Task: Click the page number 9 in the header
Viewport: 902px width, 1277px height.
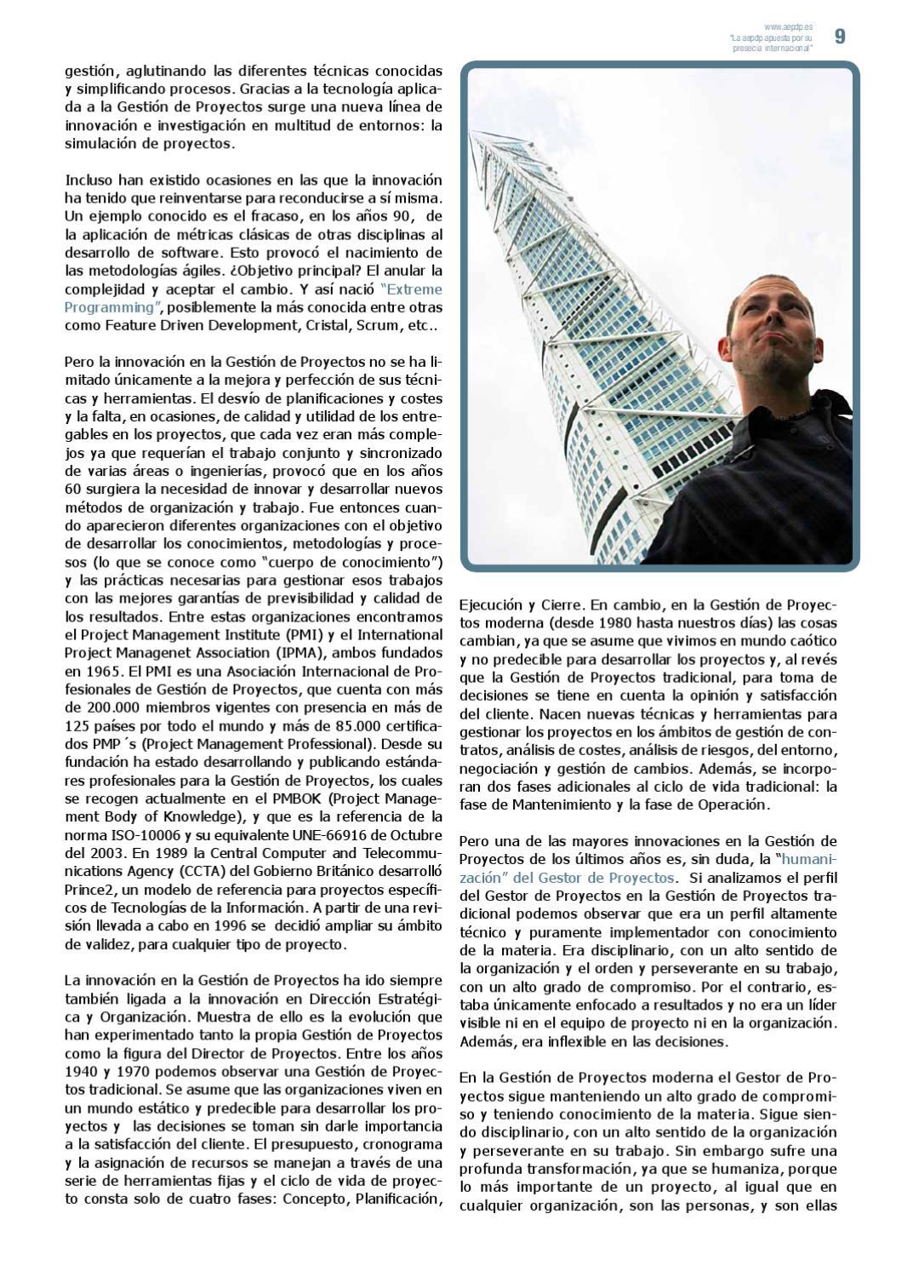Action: (x=840, y=37)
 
